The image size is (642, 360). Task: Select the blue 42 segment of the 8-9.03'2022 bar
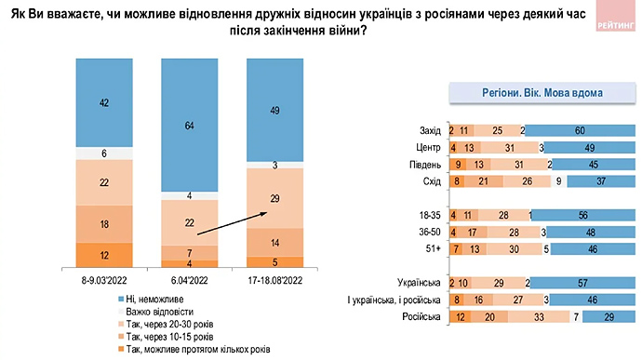pos(104,102)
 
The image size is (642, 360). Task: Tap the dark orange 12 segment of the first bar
pos(104,254)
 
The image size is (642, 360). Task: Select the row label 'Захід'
pos(430,129)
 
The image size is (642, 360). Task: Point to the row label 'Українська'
pos(419,283)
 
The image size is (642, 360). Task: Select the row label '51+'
pos(433,248)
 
